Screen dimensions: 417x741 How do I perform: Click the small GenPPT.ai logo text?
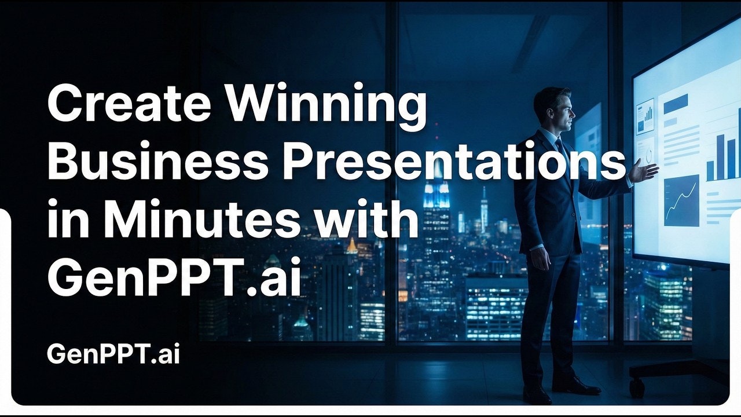click(113, 354)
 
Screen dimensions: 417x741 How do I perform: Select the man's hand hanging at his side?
click(540, 257)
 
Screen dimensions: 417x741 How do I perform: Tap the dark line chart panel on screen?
click(681, 200)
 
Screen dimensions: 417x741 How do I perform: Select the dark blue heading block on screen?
click(675, 104)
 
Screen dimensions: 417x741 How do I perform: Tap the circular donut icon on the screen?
click(648, 153)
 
